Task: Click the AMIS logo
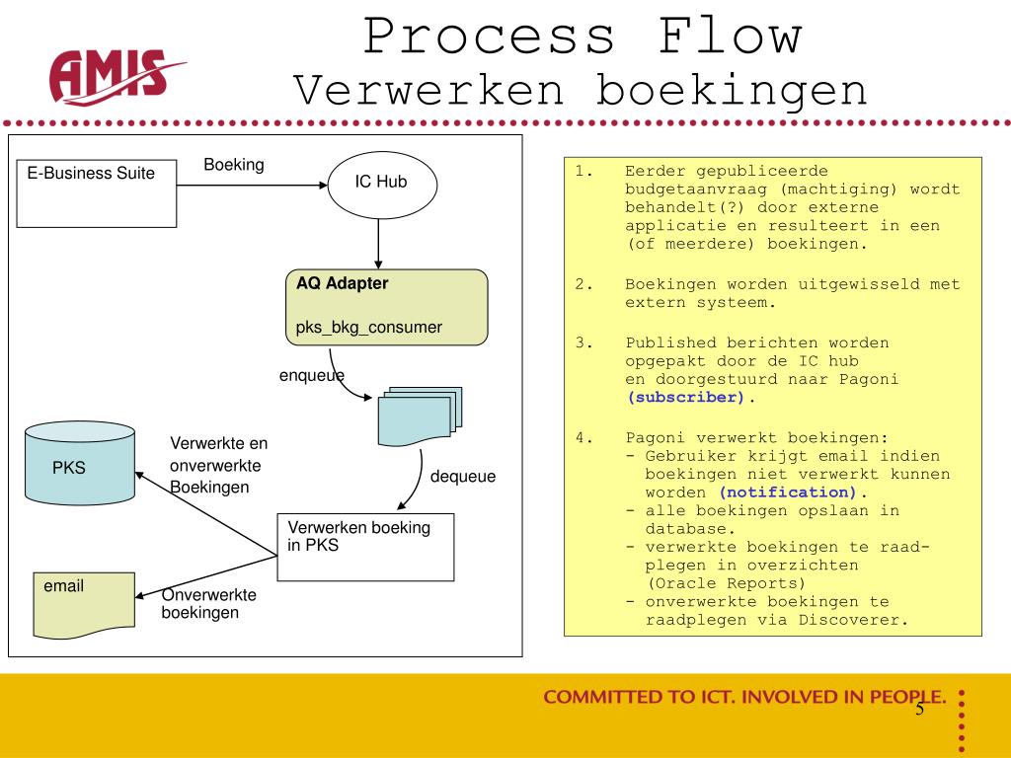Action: click(x=117, y=77)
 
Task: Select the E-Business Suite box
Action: click(x=97, y=193)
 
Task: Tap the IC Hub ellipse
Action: click(x=382, y=185)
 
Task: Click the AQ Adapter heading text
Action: click(x=342, y=283)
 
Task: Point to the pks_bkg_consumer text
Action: click(x=369, y=328)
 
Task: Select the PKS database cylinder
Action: click(x=80, y=463)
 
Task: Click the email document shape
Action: click(x=84, y=605)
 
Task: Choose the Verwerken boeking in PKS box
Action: click(x=365, y=547)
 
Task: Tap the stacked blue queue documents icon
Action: click(x=420, y=417)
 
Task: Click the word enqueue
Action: click(x=311, y=376)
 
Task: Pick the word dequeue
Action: click(x=463, y=477)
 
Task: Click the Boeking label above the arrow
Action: click(x=234, y=165)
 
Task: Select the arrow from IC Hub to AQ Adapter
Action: click(x=378, y=244)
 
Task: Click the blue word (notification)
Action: click(x=787, y=493)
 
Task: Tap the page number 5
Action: click(x=919, y=709)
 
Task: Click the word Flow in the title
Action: click(x=730, y=37)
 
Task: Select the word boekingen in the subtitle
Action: click(x=732, y=92)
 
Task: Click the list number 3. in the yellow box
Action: click(x=583, y=342)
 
